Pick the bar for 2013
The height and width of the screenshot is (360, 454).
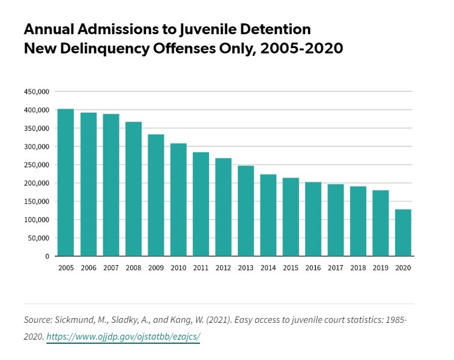point(246,211)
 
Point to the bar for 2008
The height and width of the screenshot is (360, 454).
point(133,189)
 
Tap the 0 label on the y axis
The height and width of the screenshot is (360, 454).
point(47,256)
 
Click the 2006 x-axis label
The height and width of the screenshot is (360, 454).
point(88,267)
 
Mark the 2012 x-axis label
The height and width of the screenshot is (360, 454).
point(223,267)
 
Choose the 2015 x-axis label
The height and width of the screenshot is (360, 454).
point(291,267)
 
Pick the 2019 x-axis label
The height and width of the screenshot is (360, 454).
point(381,267)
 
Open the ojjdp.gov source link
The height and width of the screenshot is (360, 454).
point(123,337)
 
